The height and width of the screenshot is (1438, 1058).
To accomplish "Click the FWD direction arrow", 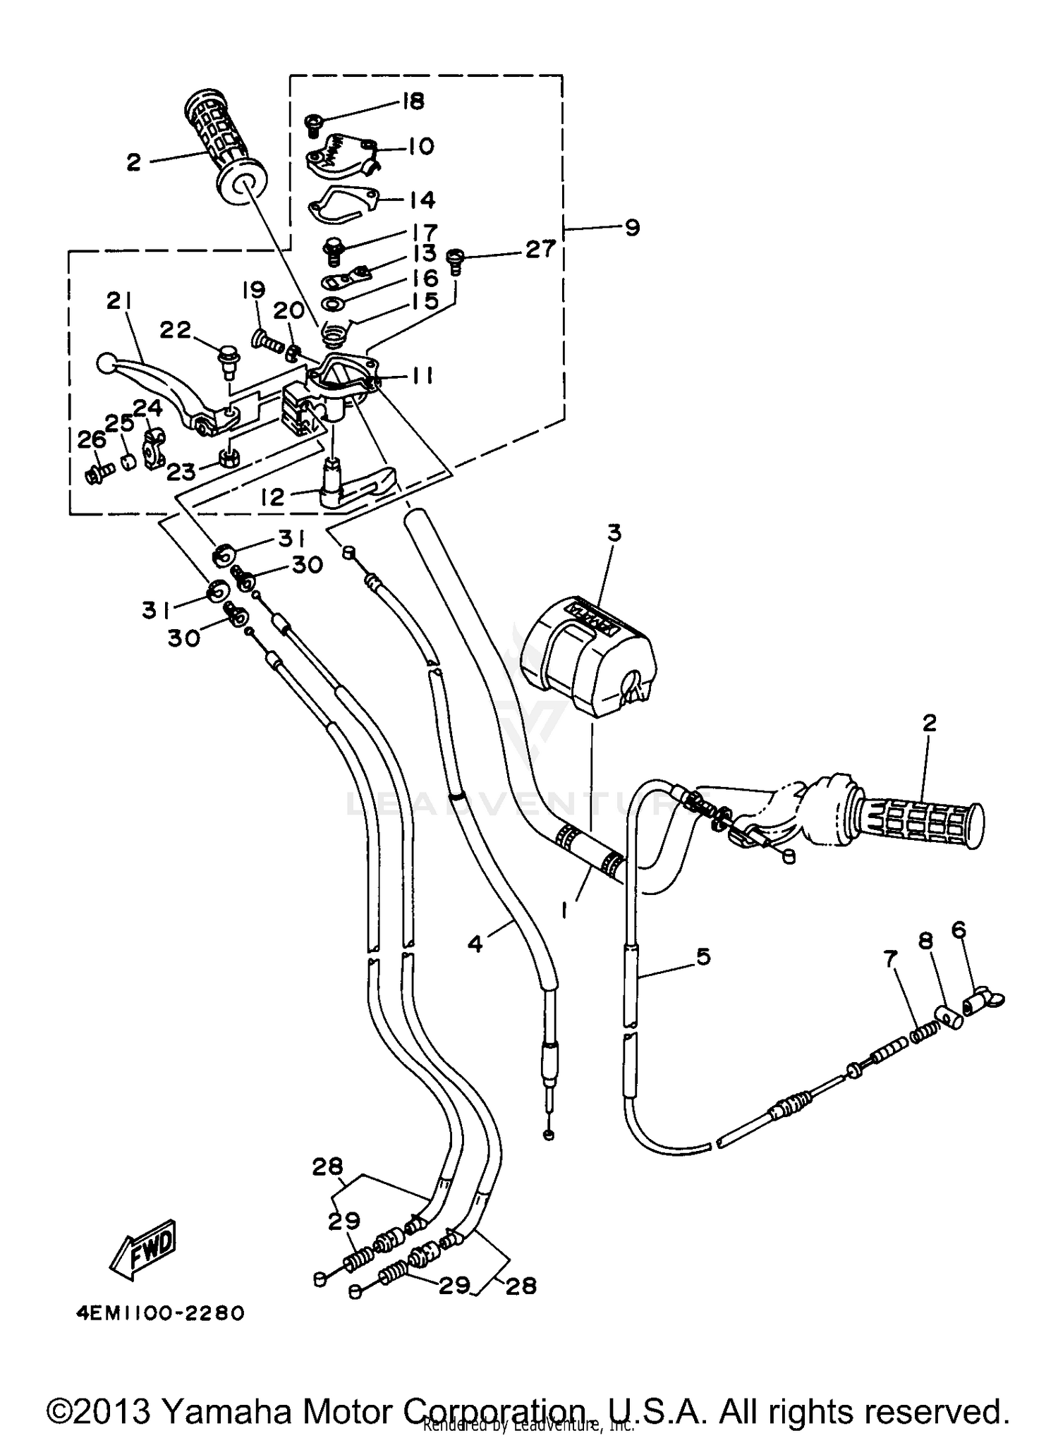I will (x=144, y=1250).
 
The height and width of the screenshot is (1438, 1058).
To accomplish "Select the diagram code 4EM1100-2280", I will (x=160, y=1313).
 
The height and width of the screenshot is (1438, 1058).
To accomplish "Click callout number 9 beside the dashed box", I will (x=632, y=228).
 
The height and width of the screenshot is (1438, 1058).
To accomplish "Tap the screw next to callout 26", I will (x=99, y=473).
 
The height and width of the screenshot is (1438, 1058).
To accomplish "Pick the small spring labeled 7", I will (x=924, y=1034).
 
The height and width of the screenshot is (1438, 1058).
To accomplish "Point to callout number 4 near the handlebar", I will (x=476, y=944).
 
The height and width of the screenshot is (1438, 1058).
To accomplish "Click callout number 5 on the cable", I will (x=703, y=957).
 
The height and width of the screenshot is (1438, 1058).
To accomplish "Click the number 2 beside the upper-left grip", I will (x=134, y=163).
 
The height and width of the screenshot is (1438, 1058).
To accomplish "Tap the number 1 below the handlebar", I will (x=565, y=911).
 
